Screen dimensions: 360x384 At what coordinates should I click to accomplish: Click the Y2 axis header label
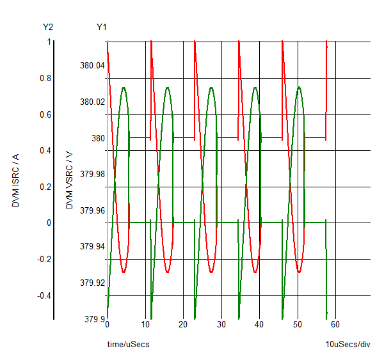tap(47, 27)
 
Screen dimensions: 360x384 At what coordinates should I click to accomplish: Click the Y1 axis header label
tap(101, 27)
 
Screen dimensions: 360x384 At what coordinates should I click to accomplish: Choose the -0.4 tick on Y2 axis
tap(42, 296)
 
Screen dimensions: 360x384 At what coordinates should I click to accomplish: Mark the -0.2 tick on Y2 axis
tap(42, 260)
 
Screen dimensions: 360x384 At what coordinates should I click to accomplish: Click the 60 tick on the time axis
tap(335, 324)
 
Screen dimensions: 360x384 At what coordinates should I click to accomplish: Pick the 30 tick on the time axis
tap(221, 324)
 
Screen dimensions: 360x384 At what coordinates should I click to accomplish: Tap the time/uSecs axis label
tap(128, 345)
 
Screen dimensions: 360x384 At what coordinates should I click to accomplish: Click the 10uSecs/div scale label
tap(348, 345)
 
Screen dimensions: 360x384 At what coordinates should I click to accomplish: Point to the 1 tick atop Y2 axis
tap(48, 42)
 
